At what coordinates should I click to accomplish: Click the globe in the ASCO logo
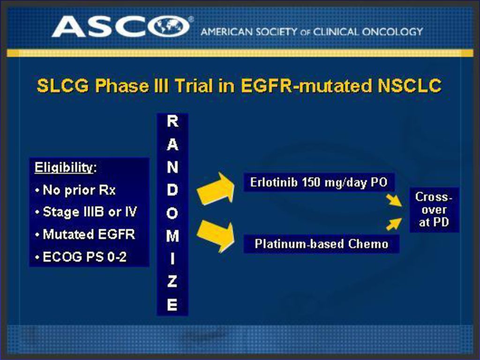point(169,26)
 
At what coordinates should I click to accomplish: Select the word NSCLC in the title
point(410,85)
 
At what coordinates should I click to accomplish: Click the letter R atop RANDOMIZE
point(172,121)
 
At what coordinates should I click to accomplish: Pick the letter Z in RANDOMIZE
point(172,282)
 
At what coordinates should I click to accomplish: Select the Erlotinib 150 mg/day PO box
point(319,182)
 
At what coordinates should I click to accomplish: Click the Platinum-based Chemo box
point(322,244)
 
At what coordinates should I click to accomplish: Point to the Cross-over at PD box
point(434,210)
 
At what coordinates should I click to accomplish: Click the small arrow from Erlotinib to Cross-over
point(394,200)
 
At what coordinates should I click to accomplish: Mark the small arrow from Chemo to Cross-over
point(394,224)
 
